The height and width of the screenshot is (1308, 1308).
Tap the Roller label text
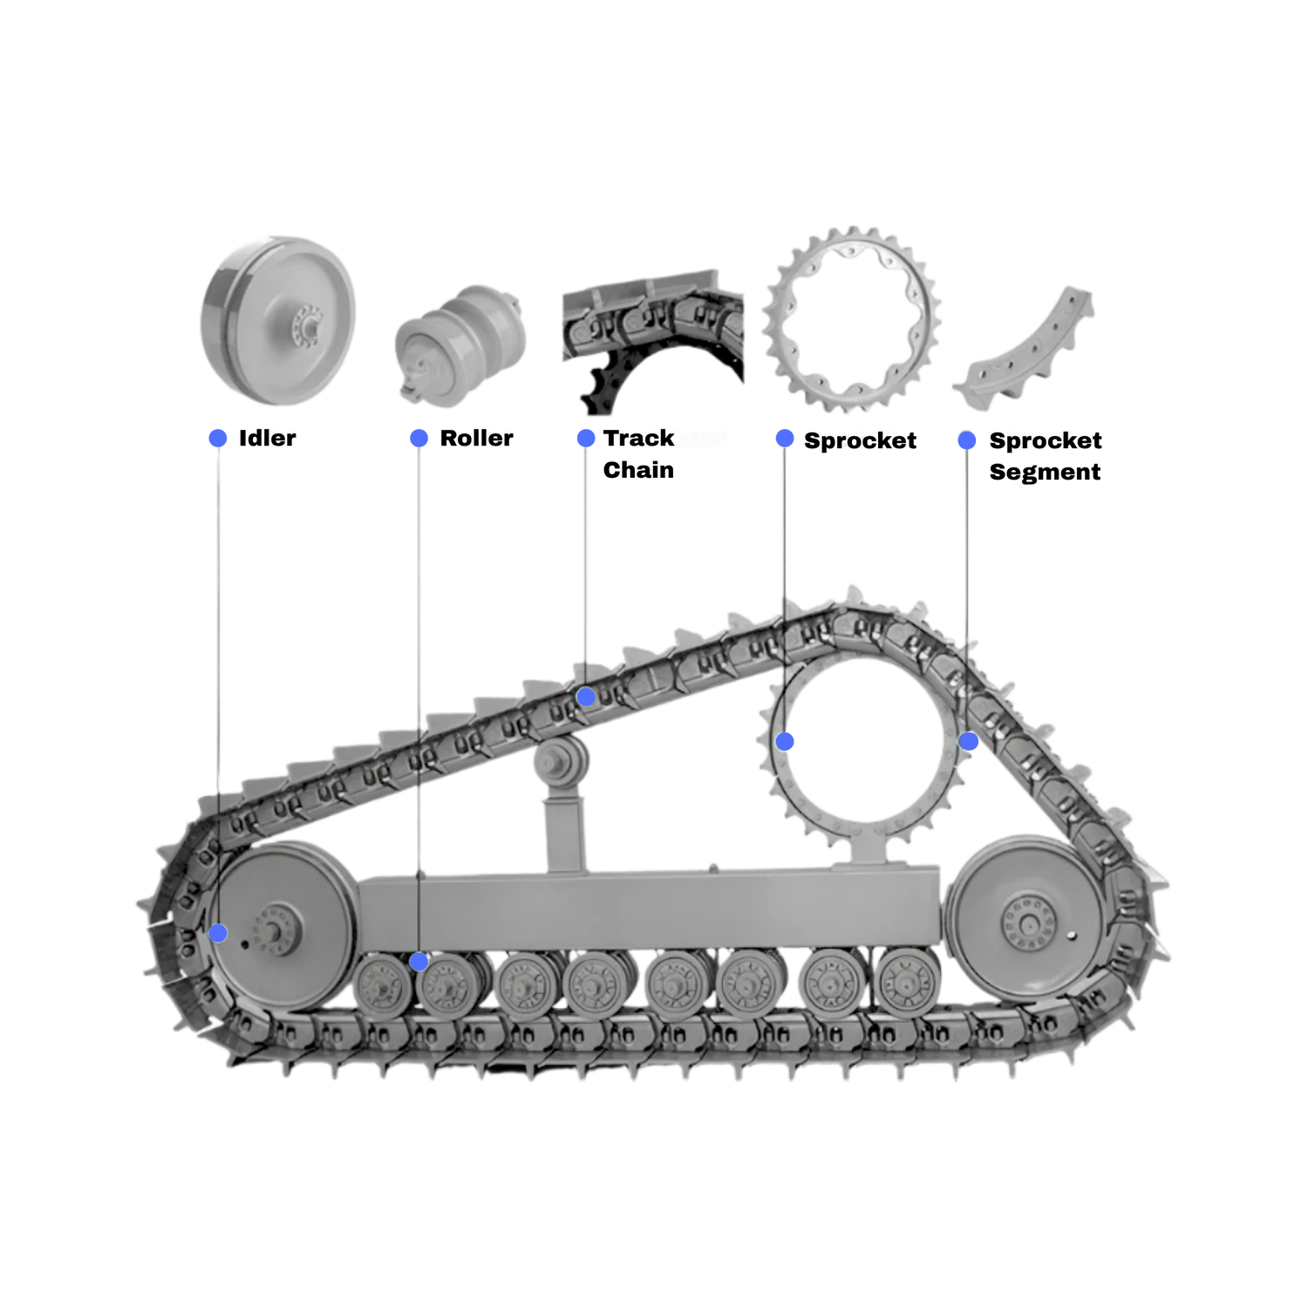[475, 438]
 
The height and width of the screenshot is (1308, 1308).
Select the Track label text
[640, 438]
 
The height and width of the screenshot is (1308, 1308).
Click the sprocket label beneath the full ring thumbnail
[851, 441]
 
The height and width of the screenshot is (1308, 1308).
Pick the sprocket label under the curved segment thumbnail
[1032, 441]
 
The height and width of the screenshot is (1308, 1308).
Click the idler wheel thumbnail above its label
[278, 320]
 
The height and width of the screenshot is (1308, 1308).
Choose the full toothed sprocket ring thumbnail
[852, 319]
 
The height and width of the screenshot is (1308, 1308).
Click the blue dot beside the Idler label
[218, 438]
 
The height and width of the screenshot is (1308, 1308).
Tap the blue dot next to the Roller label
[419, 438]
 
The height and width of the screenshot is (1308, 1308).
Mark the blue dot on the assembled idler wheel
[218, 934]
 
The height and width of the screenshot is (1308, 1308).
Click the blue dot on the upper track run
[586, 697]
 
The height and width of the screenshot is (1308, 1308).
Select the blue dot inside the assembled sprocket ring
[786, 741]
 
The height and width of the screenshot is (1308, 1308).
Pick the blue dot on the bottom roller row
[419, 962]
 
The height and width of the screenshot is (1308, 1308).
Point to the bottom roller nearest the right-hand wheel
[909, 981]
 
